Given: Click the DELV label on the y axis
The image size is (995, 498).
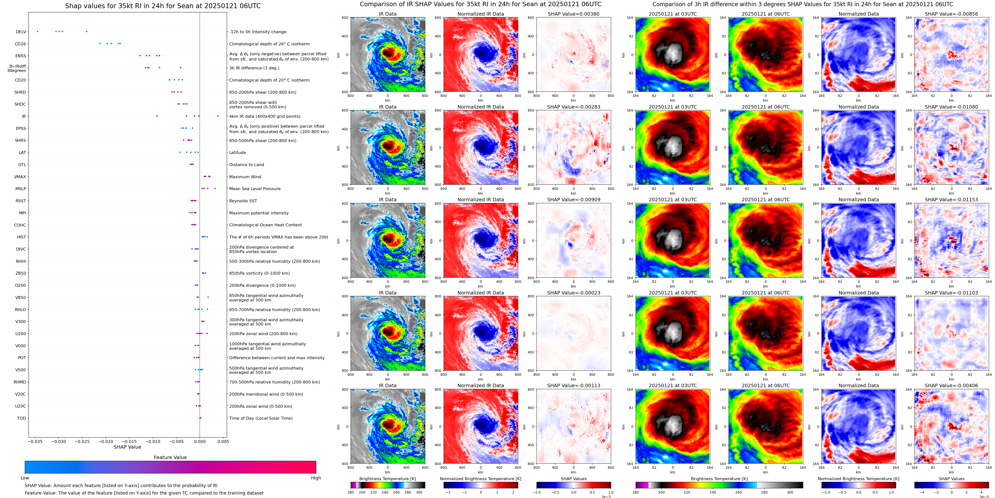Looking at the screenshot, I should (x=21, y=32).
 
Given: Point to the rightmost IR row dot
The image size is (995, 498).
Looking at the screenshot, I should (x=218, y=116).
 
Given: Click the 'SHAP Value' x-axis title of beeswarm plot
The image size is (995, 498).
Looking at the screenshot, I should (x=127, y=447).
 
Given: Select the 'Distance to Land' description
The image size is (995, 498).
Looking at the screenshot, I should (x=246, y=165).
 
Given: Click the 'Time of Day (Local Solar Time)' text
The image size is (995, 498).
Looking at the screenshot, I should (x=261, y=418).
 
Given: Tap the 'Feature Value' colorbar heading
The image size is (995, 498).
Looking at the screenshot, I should (x=170, y=457).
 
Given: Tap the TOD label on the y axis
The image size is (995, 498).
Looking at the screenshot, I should (x=21, y=418).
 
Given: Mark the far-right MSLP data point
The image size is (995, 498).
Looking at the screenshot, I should (x=215, y=189).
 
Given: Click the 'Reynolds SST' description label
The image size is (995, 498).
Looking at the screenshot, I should (x=243, y=201).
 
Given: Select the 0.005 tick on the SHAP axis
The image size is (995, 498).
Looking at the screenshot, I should (x=223, y=441).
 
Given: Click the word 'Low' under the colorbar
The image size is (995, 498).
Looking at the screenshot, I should (x=25, y=478).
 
